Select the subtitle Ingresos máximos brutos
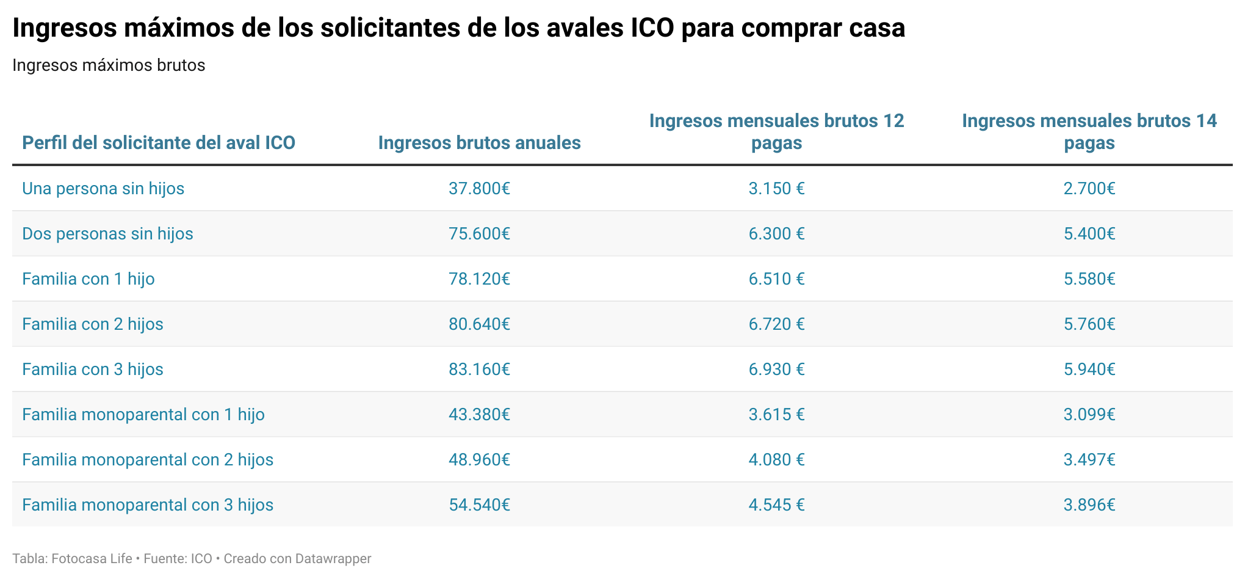[109, 65]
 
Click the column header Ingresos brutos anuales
[479, 143]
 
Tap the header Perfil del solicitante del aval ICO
[159, 143]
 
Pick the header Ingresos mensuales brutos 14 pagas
[1089, 132]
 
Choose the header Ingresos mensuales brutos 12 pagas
[776, 132]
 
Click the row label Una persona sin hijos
[103, 188]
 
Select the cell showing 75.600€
[479, 233]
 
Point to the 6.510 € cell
[776, 279]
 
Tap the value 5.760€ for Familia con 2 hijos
[1089, 324]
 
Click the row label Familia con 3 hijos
[93, 369]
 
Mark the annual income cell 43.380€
[479, 414]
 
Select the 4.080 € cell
[776, 459]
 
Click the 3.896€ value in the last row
[1089, 504]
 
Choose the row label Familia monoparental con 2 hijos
[148, 459]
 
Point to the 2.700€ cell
[1089, 188]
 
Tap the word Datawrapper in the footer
[333, 559]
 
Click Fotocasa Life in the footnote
[92, 559]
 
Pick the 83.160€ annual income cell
[479, 369]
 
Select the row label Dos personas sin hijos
[107, 233]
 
